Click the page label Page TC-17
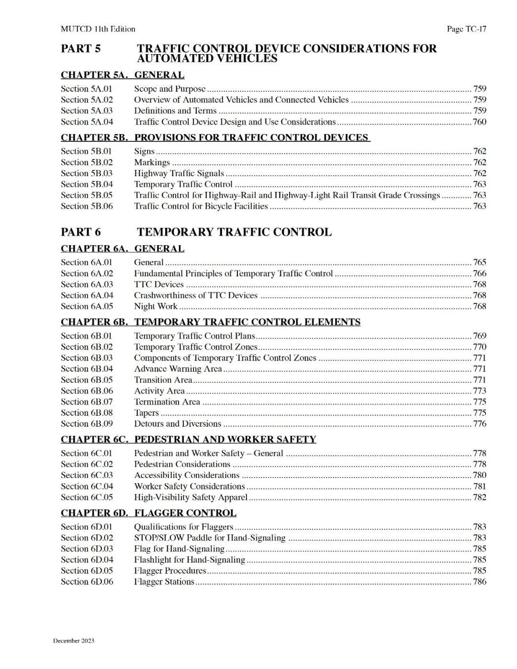[466, 29]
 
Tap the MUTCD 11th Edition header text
[98, 29]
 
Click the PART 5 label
[80, 48]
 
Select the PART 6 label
[80, 232]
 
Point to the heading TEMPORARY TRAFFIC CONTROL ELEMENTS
[247, 322]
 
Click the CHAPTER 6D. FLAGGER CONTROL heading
[148, 513]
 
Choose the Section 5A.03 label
[87, 111]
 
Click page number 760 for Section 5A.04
[479, 122]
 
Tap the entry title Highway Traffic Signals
[179, 173]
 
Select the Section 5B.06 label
[87, 206]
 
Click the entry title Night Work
[156, 306]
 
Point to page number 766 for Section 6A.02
[479, 273]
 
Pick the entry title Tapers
[146, 413]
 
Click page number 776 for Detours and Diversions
[479, 424]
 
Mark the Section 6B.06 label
[87, 391]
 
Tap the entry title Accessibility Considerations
[186, 475]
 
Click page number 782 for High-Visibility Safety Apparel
[479, 497]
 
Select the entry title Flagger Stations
[164, 582]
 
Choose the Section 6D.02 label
[87, 538]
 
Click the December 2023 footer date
[73, 641]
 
